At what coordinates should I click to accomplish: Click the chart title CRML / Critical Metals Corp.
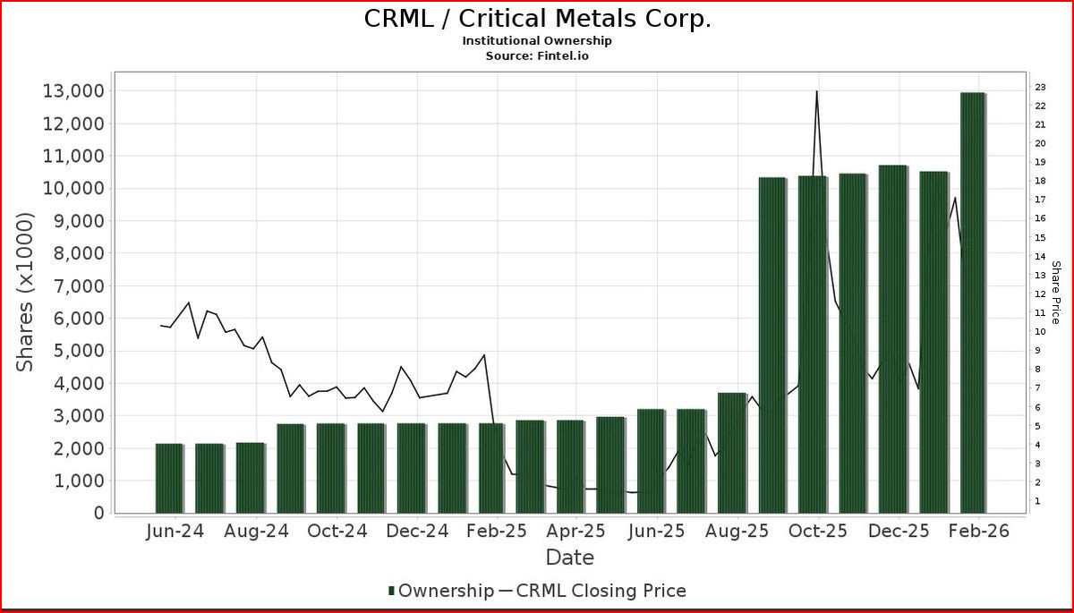click(537, 19)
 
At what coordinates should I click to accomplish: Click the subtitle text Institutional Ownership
click(537, 41)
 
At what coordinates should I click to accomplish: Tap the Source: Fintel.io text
click(537, 55)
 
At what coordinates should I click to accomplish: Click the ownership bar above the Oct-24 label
click(331, 468)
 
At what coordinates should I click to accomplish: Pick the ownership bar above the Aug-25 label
click(732, 452)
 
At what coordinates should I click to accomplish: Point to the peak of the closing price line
click(816, 91)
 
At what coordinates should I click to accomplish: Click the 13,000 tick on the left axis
click(72, 91)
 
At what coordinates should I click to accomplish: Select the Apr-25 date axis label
click(575, 532)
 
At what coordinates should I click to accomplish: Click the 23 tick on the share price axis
click(1041, 87)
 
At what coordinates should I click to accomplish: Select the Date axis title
click(570, 558)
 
